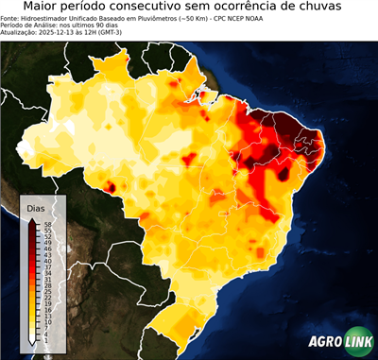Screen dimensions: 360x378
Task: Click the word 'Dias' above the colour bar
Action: click(x=37, y=207)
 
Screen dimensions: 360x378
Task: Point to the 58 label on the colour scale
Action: click(x=46, y=224)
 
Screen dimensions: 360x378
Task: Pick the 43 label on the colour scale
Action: click(x=46, y=253)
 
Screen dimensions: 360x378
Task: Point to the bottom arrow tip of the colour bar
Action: click(x=32, y=341)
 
